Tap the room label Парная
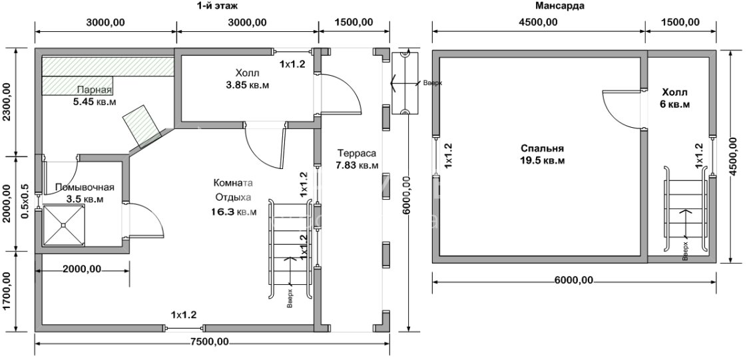(94, 90)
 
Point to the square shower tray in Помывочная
(64, 226)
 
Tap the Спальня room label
(543, 149)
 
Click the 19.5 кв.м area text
(543, 161)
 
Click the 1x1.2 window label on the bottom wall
(184, 315)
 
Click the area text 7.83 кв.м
(358, 165)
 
